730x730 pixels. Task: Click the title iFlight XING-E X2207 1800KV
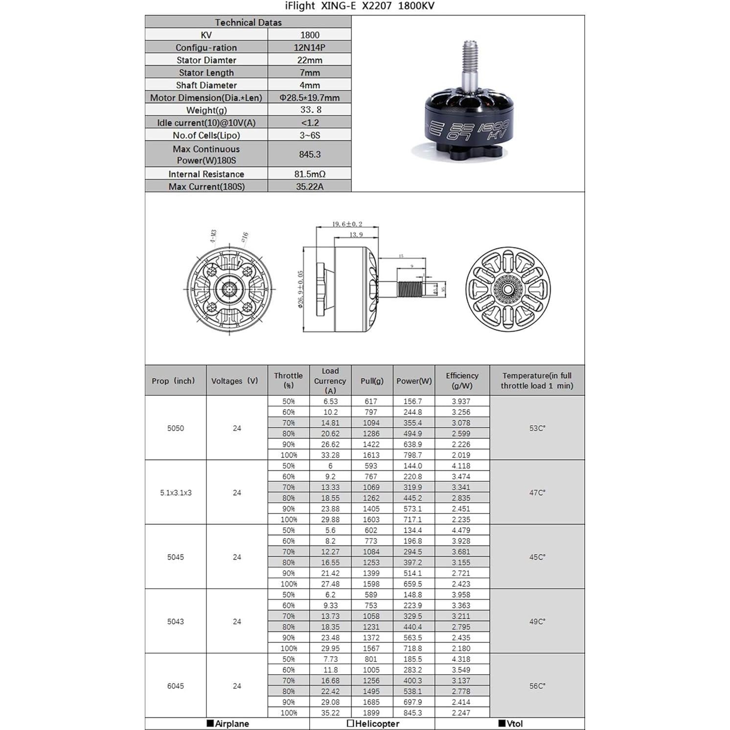(x=359, y=6)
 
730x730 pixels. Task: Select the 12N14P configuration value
(x=309, y=47)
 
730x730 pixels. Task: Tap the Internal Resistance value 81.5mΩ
(x=309, y=174)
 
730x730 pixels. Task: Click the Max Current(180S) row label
(x=206, y=186)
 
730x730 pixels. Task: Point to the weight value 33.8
(x=309, y=110)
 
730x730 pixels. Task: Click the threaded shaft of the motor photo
(x=470, y=55)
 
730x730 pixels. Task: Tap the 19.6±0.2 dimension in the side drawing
(x=347, y=224)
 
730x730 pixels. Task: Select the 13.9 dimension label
(x=356, y=235)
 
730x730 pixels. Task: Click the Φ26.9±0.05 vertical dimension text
(x=300, y=290)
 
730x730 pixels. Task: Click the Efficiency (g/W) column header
(x=461, y=380)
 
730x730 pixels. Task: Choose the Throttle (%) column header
(x=288, y=380)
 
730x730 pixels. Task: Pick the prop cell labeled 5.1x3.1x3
(x=176, y=493)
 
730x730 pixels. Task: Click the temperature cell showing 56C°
(x=537, y=686)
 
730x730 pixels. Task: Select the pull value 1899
(x=371, y=713)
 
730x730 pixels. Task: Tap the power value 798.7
(x=412, y=455)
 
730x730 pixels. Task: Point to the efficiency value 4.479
(x=461, y=530)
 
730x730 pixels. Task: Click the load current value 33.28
(x=330, y=455)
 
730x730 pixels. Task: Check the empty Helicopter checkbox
(x=350, y=723)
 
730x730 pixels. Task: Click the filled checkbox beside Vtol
(x=502, y=723)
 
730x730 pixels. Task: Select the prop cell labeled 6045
(x=176, y=686)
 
